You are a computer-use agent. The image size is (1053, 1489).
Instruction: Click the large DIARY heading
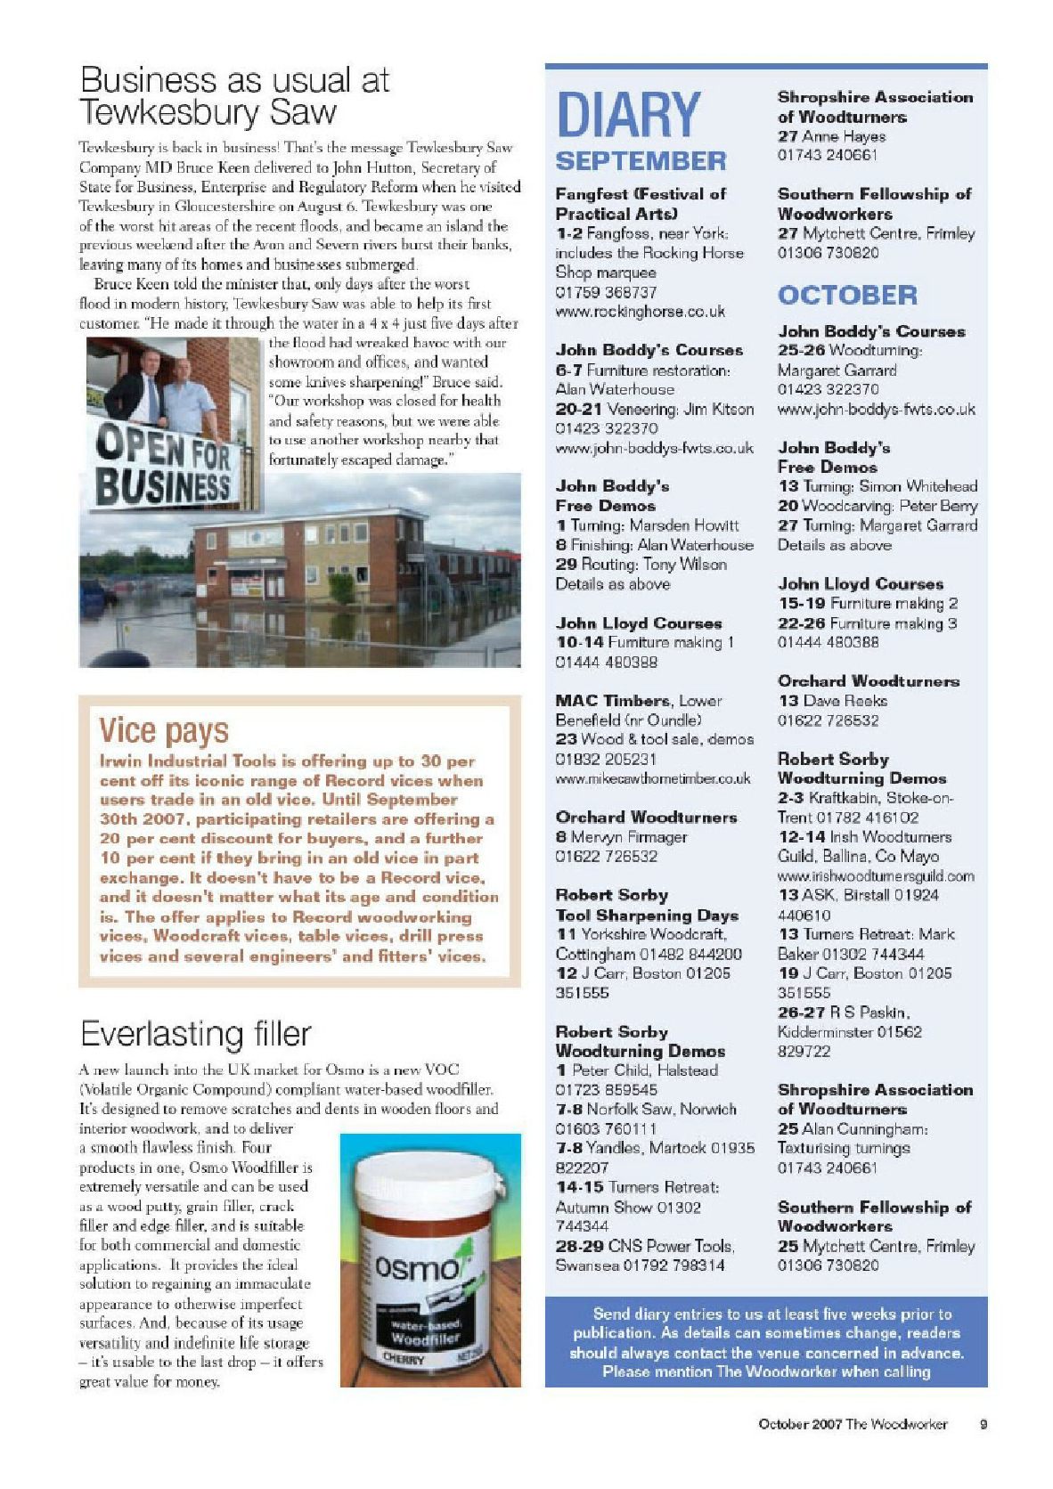628,116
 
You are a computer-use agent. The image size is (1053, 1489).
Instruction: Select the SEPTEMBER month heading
641,161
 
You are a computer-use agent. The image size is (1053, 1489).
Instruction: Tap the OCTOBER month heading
847,295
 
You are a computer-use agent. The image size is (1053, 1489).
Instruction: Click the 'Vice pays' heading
164,730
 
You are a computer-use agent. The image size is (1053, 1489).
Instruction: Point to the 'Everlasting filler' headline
196,1033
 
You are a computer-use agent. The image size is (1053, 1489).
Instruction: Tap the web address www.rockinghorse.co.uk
640,312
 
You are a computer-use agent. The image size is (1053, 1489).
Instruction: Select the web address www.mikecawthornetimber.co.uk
653,778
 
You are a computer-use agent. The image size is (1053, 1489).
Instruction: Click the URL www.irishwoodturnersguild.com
876,876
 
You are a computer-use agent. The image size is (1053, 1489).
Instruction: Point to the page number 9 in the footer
984,1424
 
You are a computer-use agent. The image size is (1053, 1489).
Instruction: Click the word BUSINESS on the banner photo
163,486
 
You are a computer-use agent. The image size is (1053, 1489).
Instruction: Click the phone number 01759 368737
606,292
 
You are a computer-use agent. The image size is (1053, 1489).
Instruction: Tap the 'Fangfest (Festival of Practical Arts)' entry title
641,203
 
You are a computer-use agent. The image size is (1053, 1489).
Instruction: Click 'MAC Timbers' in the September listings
613,701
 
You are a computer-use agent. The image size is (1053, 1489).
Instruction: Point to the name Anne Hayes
844,136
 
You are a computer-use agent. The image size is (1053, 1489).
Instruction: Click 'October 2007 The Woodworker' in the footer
853,1424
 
